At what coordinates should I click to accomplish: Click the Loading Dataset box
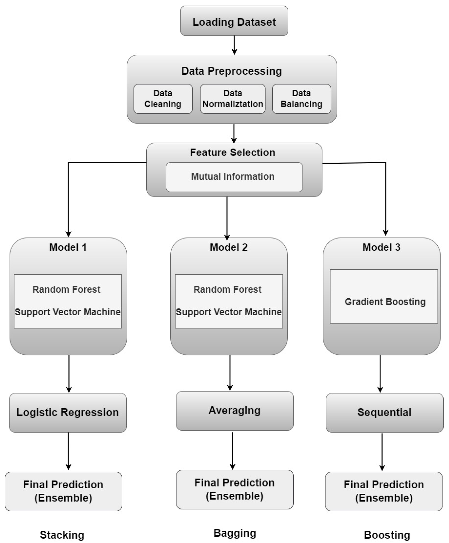pos(234,21)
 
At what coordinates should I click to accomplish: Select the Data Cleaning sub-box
pos(163,99)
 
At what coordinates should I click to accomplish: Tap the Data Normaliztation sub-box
pos(233,99)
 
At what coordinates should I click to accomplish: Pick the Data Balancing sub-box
pos(301,99)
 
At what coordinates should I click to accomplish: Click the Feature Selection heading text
pos(232,153)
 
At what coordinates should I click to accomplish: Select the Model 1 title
pos(68,247)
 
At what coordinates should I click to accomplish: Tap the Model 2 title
pos(228,247)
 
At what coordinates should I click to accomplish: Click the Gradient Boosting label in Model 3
pos(385,302)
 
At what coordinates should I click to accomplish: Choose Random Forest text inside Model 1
pos(66,290)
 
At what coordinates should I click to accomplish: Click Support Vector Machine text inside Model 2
pos(228,312)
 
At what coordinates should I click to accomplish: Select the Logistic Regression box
pos(68,412)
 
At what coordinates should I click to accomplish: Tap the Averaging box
pos(234,411)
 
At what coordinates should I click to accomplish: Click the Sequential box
pos(384,412)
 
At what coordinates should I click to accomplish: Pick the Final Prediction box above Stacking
pos(63,491)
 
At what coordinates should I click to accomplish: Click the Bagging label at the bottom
pos(235,533)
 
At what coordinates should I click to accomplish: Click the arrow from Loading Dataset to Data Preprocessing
pos(234,45)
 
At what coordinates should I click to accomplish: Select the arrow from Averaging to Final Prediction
pos(233,450)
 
